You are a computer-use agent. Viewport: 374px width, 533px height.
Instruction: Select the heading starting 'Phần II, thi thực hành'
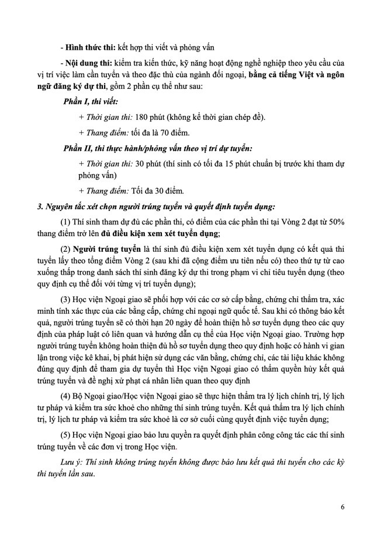(x=158, y=148)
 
